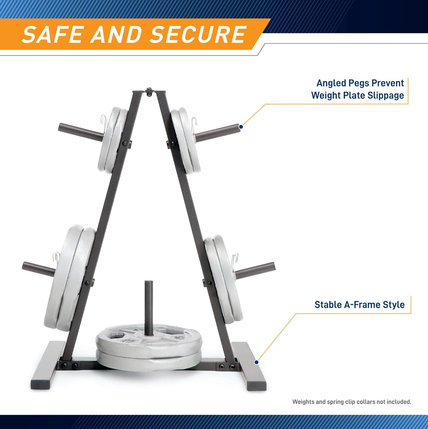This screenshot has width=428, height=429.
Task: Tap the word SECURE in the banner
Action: [x=198, y=34]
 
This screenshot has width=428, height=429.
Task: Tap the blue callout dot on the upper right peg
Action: [x=241, y=126]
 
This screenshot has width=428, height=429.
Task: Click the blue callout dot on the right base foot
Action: [x=256, y=362]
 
